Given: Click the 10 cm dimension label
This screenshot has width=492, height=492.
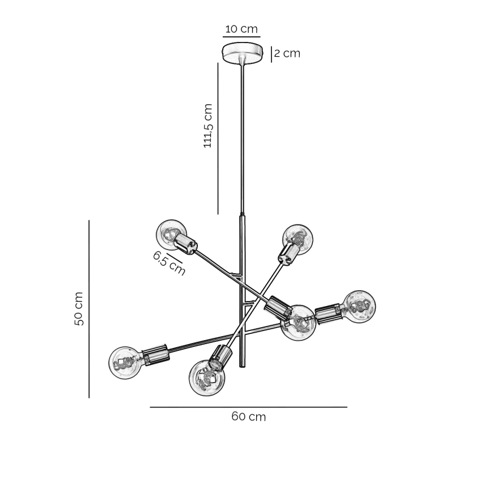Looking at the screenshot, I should tap(241, 29).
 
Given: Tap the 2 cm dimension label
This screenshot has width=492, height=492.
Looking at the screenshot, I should tap(287, 54).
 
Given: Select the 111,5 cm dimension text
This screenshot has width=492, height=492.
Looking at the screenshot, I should tap(208, 126).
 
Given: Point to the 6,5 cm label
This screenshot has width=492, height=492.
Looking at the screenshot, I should tap(169, 263).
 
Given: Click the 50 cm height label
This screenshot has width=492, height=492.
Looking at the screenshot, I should tap(79, 309).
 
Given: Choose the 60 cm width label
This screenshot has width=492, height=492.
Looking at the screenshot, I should tap(248, 417).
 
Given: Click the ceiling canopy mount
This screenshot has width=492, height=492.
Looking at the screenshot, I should tap(243, 53).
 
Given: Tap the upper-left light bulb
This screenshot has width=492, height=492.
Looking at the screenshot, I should tap(170, 233).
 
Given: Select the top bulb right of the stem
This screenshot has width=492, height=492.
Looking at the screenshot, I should tap(298, 238).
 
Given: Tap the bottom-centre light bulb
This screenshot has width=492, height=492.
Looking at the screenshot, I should tap(207, 377).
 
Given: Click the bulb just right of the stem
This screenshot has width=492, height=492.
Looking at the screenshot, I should tap(298, 323).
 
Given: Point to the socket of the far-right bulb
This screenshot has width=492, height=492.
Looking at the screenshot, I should tap(328, 312).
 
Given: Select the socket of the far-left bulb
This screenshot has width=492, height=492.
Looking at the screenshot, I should tap(155, 354).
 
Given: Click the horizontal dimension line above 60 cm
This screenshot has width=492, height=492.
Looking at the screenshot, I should tap(248, 407).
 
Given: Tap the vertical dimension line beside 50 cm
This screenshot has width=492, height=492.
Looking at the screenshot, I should tap(89, 309).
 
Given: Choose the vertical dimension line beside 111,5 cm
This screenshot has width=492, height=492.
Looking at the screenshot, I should tap(218, 138).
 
